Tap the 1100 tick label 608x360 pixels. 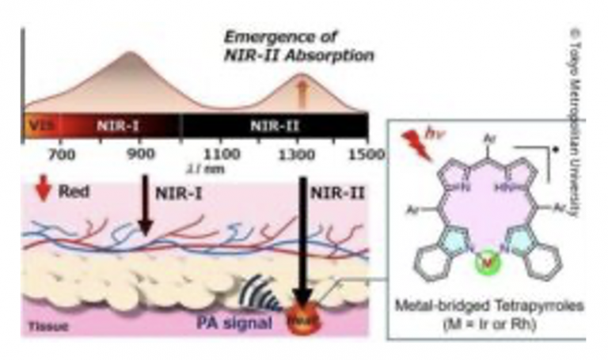tap(221, 153)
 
